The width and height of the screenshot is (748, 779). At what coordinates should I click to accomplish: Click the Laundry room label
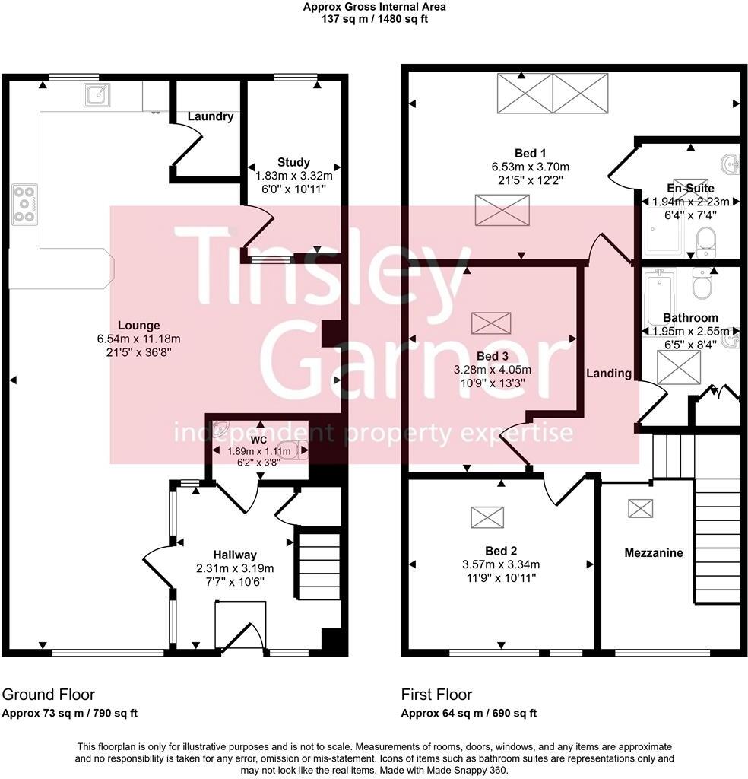[211, 117]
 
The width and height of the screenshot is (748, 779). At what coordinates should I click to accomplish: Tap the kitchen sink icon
[97, 95]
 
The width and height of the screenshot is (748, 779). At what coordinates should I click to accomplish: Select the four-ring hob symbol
[25, 203]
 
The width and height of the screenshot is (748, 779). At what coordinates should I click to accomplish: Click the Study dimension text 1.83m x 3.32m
[293, 175]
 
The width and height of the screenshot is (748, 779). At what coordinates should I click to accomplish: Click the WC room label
[259, 440]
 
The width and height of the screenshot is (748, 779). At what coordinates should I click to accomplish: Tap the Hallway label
[234, 555]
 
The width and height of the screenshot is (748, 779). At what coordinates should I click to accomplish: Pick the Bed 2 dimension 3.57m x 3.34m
[501, 564]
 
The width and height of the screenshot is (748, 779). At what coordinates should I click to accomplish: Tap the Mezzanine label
[653, 553]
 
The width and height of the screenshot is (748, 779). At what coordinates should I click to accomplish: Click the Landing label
[608, 374]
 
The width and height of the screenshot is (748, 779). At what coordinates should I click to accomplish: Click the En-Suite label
[690, 188]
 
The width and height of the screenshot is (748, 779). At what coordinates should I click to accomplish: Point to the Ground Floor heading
[49, 695]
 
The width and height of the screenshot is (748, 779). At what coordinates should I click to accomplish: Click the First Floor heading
[436, 695]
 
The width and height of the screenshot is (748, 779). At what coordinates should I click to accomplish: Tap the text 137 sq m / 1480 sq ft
[373, 19]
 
